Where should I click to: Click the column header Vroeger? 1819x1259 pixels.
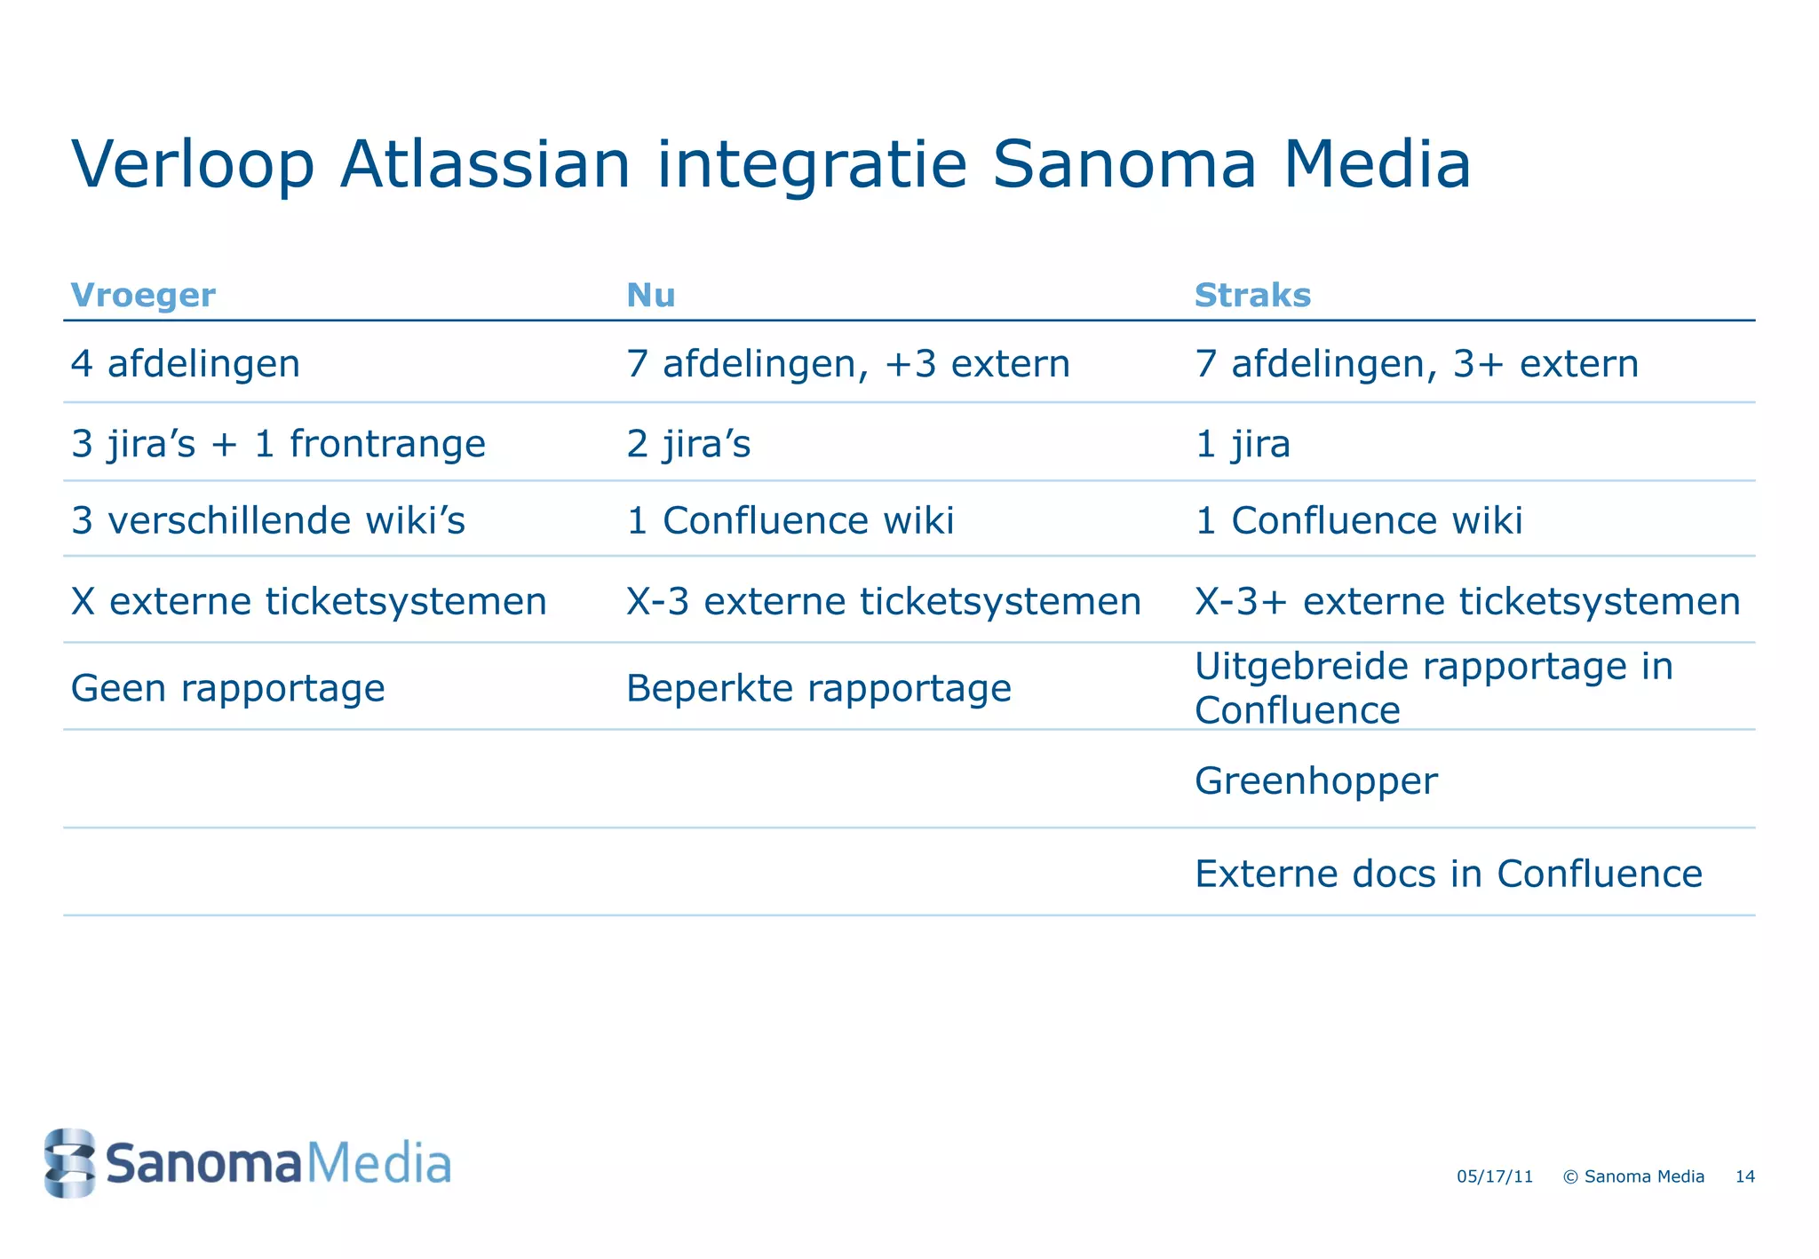tap(142, 296)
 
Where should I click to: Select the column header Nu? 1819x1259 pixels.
tap(650, 296)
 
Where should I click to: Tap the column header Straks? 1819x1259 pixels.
tap(1251, 296)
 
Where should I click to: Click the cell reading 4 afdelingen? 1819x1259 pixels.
tap(186, 364)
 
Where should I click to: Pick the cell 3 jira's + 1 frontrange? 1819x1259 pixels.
tap(278, 443)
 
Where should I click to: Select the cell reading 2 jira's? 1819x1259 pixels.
tap(688, 443)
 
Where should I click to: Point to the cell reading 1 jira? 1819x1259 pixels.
tap(1242, 443)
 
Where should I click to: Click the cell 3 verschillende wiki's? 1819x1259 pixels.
tap(268, 520)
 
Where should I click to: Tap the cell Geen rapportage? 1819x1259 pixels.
tap(227, 688)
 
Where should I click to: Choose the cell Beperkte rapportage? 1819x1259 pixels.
tap(818, 688)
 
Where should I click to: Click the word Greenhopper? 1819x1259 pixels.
tap(1315, 781)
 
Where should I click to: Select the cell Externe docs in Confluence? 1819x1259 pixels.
tap(1448, 874)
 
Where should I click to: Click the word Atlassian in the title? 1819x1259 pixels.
tap(485, 165)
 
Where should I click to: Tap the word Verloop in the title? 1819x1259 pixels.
tap(193, 165)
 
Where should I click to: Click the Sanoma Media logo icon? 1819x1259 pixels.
tap(69, 1162)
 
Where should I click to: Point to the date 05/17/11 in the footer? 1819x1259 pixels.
tap(1494, 1176)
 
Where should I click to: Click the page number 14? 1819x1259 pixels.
tap(1744, 1176)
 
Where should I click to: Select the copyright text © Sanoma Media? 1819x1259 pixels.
tap(1632, 1176)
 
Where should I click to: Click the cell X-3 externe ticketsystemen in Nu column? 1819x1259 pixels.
tap(883, 602)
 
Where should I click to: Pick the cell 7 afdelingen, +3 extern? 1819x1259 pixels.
tap(847, 364)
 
